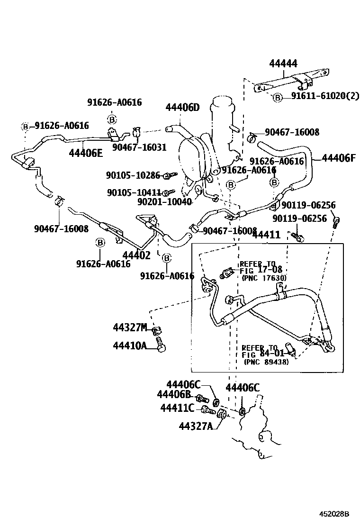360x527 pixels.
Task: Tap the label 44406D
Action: [182, 108]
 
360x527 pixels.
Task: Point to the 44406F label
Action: [338, 158]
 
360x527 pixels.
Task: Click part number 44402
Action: [136, 255]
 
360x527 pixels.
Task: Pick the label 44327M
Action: [130, 327]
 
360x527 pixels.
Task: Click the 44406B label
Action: [173, 394]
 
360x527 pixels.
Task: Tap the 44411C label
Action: [177, 408]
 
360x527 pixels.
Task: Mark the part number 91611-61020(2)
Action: [325, 96]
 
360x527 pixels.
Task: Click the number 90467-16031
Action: [139, 147]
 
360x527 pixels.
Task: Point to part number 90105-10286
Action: [133, 175]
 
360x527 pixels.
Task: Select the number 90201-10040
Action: [164, 202]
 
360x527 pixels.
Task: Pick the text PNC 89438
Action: [266, 362]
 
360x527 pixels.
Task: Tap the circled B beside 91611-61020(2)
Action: [278, 97]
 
